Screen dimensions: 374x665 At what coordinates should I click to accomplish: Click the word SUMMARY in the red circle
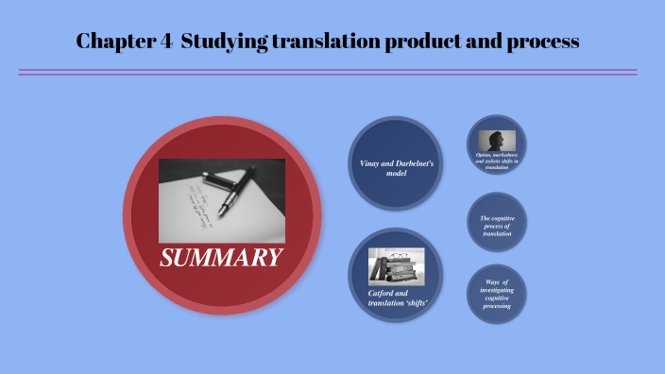click(221, 257)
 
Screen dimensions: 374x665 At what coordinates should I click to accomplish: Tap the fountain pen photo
click(222, 199)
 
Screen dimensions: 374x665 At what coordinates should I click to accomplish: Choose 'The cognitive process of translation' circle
click(496, 226)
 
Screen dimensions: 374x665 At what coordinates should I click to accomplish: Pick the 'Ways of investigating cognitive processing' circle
click(496, 294)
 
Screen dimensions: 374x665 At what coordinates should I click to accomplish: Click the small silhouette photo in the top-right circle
click(496, 140)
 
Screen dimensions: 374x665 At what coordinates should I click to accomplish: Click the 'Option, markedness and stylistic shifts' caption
click(496, 160)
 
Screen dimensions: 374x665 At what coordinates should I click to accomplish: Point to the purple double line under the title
click(327, 72)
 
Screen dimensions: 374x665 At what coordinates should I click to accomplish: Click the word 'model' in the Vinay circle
click(397, 174)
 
